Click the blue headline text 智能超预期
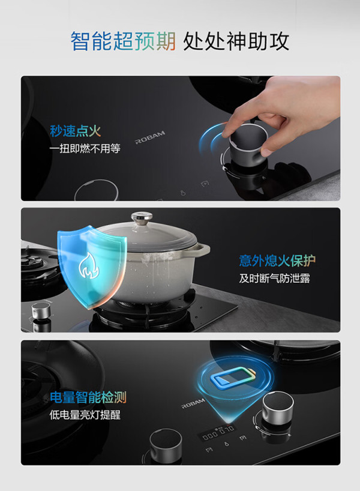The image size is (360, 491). click(123, 41)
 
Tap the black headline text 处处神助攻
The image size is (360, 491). click(236, 41)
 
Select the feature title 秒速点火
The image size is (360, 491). click(76, 131)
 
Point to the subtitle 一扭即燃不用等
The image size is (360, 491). click(85, 148)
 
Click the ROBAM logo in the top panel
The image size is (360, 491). click(150, 137)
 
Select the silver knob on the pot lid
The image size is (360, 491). click(142, 217)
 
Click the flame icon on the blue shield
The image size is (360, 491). click(89, 266)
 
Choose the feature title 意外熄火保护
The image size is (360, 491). click(277, 261)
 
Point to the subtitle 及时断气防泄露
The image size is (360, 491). click(275, 278)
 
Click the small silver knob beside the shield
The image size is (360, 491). click(41, 312)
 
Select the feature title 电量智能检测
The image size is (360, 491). click(88, 397)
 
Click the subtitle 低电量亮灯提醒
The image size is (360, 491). click(85, 415)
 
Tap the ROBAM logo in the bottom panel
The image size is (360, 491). click(193, 403)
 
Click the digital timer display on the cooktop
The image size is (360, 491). click(218, 432)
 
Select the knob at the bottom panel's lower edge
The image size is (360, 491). click(166, 446)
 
